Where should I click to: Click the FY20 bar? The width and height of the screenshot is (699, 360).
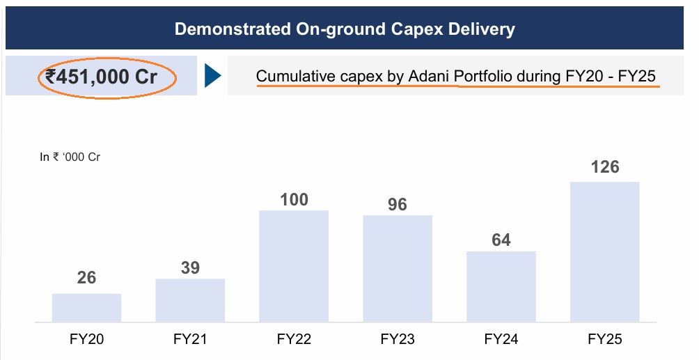coord(86,308)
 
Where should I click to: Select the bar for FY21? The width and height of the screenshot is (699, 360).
coord(190,300)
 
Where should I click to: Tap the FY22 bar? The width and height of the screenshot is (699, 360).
coord(294,266)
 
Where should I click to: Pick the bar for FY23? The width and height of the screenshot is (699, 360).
coord(398,268)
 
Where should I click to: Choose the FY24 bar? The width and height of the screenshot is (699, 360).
coord(501,286)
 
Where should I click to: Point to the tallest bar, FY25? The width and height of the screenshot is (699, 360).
coord(604,252)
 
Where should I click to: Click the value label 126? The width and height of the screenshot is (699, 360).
coord(604,168)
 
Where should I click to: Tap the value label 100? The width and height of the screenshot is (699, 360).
coord(294,199)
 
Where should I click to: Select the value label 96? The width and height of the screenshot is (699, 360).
coord(398,205)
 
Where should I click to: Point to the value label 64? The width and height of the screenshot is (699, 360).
coord(501,240)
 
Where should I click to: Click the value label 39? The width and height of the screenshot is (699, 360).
coord(190,268)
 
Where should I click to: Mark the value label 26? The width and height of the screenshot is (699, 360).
coord(86,278)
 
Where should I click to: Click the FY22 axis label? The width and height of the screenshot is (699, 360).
coord(294,340)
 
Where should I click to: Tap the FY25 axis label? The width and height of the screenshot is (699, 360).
coord(604,340)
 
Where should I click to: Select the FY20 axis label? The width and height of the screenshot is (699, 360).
coord(86,340)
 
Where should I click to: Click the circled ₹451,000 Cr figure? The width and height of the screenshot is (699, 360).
coord(102,77)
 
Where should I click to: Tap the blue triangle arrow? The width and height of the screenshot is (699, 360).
coord(212,77)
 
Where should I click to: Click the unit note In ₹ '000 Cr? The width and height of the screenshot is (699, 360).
coord(70,157)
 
